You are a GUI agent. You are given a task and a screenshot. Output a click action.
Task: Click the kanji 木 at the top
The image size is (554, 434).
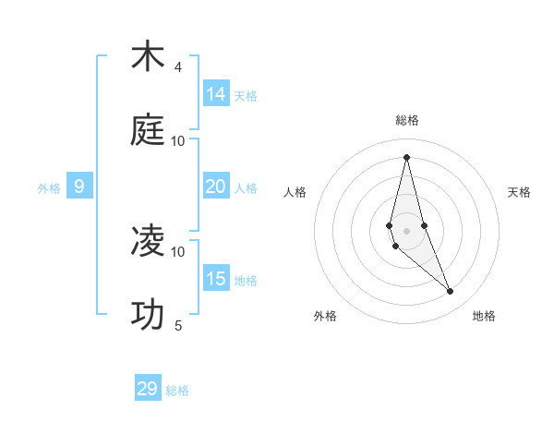point(148,57)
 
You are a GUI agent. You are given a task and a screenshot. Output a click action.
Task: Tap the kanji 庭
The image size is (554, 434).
point(148,131)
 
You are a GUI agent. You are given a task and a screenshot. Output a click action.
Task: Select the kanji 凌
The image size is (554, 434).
point(148,242)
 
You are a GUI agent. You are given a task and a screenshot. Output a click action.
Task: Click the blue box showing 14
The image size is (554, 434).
point(216,94)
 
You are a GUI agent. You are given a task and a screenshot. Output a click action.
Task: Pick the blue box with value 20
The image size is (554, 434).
point(216,187)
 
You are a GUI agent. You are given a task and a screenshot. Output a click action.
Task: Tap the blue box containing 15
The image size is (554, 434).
point(216,279)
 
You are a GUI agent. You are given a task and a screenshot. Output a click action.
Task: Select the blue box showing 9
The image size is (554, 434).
point(79,187)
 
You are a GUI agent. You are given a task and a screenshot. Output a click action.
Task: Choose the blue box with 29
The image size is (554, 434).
point(148,389)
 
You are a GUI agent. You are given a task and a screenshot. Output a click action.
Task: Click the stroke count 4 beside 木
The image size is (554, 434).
point(178,67)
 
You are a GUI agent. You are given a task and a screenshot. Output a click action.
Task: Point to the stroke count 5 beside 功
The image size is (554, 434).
point(178,326)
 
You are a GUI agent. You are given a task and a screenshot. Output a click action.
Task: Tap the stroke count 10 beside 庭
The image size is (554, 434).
point(178,141)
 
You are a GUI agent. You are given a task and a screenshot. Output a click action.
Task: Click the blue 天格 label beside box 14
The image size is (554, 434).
point(246,95)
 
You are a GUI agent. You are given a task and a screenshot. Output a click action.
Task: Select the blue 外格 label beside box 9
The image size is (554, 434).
point(49,188)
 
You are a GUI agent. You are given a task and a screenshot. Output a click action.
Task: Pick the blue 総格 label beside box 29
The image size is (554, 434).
point(177,391)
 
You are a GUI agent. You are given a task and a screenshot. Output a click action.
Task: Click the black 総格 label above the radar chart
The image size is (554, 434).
point(407,120)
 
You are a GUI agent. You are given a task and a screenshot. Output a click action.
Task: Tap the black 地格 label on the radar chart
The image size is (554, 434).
point(484,317)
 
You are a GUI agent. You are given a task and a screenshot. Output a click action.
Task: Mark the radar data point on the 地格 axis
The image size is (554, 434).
point(451,292)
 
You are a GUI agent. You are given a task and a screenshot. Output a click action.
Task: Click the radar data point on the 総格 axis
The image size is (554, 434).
point(406,157)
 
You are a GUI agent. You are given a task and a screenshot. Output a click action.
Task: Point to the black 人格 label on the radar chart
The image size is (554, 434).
point(295,192)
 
